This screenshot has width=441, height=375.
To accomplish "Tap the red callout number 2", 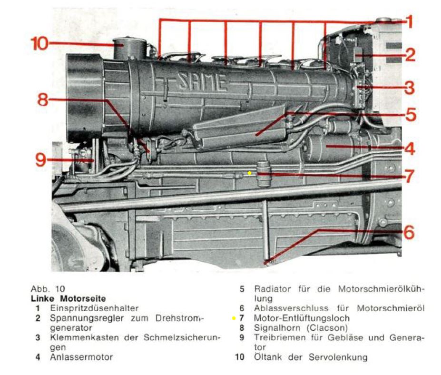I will [x=410, y=55].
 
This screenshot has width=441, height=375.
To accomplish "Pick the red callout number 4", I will [x=409, y=148].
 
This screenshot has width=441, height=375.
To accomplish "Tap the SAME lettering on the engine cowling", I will [x=202, y=82].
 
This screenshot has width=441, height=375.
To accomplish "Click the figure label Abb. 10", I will [x=48, y=289].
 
